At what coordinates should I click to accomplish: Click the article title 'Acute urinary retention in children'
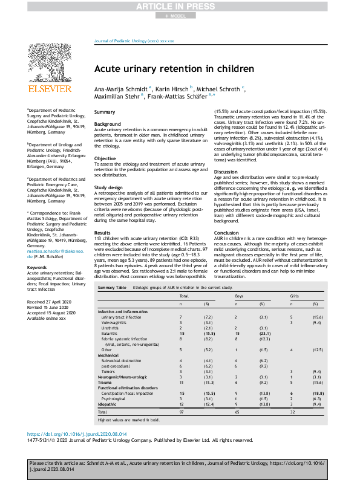(174, 69)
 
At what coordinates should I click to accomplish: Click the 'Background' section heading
(107, 124)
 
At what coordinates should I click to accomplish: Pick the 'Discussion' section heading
(227, 172)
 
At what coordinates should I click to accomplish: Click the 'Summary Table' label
(112, 288)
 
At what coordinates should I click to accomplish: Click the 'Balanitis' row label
(110, 333)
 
